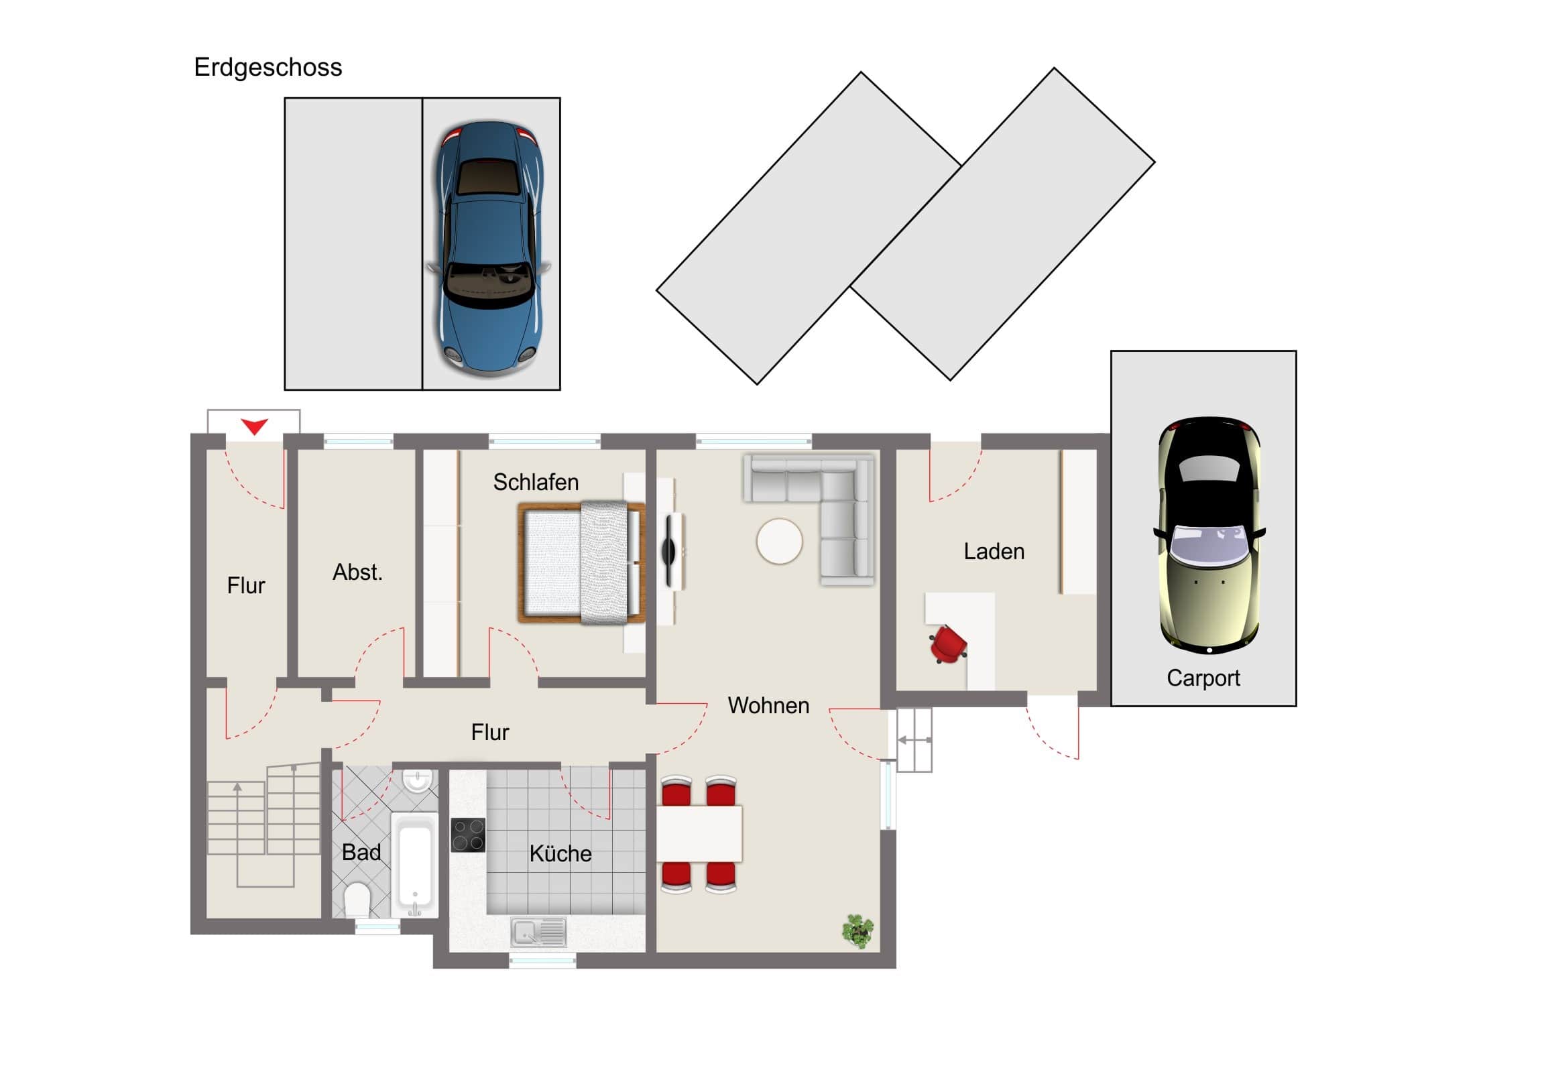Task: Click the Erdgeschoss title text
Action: [x=268, y=68]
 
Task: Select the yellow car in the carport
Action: [x=1209, y=535]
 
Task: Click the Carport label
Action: [x=1203, y=678]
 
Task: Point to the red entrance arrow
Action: [x=255, y=426]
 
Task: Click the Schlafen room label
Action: [x=536, y=482]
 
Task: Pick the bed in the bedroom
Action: [x=582, y=563]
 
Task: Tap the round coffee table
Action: [x=779, y=541]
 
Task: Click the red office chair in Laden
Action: [x=948, y=644]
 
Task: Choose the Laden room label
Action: [x=994, y=552]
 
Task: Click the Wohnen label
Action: [x=768, y=705]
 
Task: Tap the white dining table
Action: [x=699, y=833]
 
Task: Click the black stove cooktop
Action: [x=468, y=835]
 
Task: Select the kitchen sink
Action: [x=538, y=932]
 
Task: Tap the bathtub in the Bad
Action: [x=414, y=864]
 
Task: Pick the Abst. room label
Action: [x=357, y=572]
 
